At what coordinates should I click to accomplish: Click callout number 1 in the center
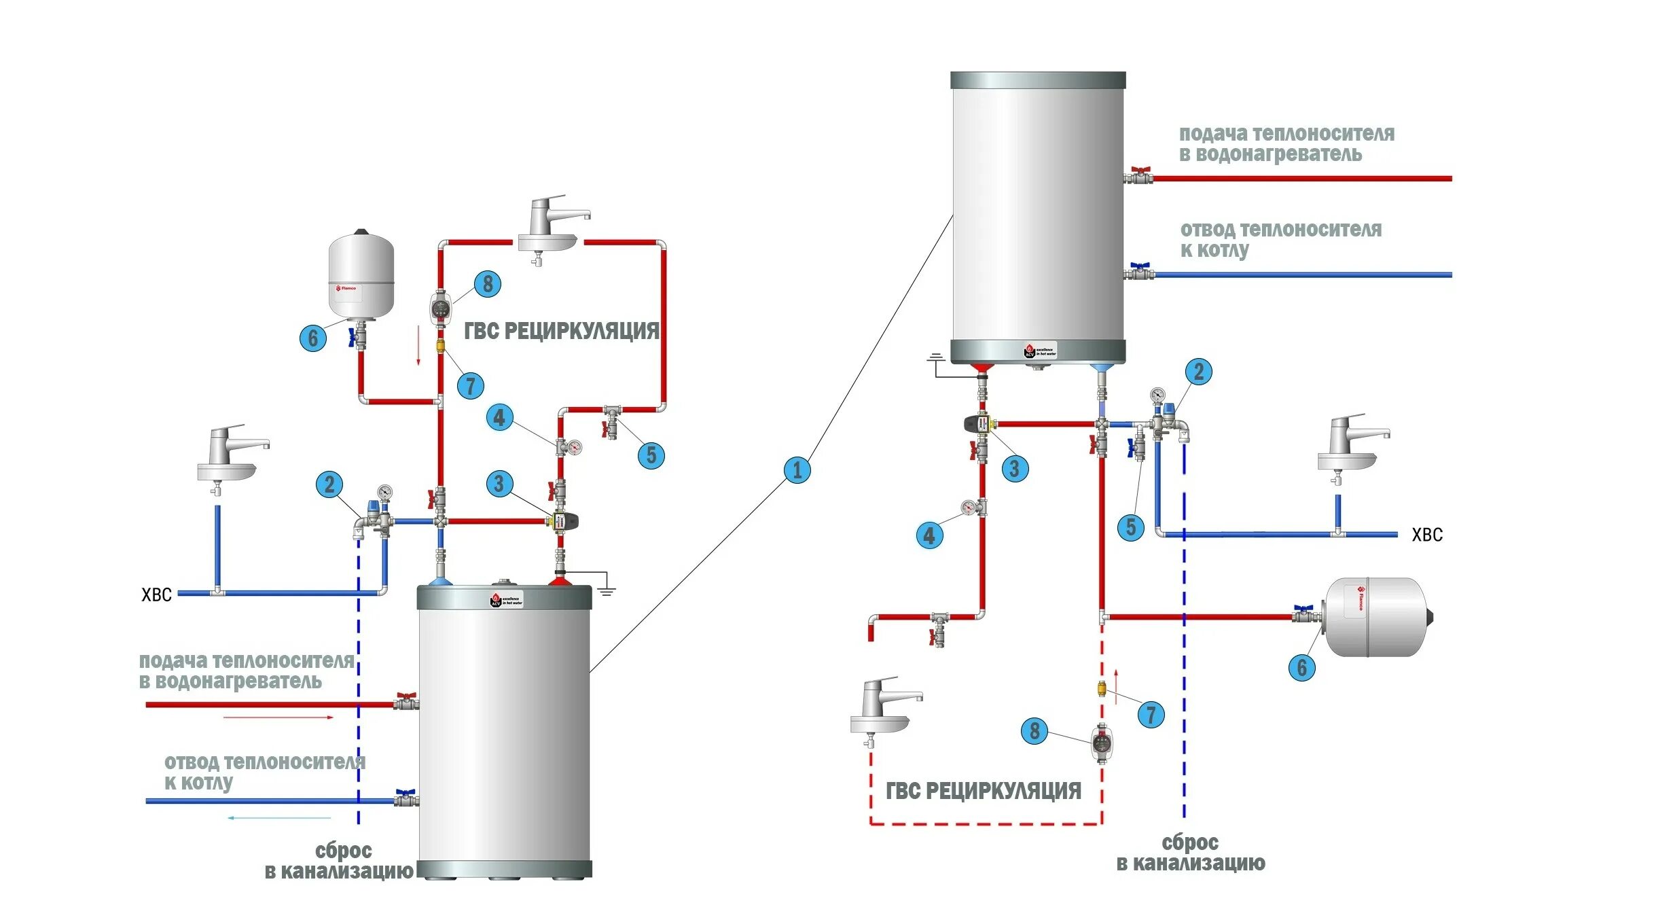click(x=797, y=470)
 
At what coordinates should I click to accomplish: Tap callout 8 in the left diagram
click(x=487, y=283)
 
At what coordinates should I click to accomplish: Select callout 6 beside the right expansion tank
click(x=1301, y=667)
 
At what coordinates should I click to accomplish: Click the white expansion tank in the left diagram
click(x=361, y=275)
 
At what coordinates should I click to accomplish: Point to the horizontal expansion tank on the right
click(x=1378, y=617)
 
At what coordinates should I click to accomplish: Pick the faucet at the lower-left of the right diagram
click(x=883, y=710)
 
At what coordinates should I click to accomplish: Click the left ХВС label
click(x=156, y=595)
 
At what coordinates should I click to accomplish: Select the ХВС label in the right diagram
click(x=1426, y=535)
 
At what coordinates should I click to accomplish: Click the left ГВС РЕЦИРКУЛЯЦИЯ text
click(x=561, y=331)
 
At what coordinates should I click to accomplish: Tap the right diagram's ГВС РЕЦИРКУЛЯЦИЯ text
click(x=983, y=791)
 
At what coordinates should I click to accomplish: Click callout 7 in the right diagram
click(x=1151, y=714)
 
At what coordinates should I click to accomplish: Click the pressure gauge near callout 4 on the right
click(x=968, y=507)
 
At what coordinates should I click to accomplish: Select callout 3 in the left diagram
click(x=499, y=484)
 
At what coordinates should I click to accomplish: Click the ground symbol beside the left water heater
click(x=606, y=590)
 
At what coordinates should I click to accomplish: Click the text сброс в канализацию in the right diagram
click(x=1190, y=853)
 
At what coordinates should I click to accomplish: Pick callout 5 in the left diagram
click(x=651, y=455)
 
